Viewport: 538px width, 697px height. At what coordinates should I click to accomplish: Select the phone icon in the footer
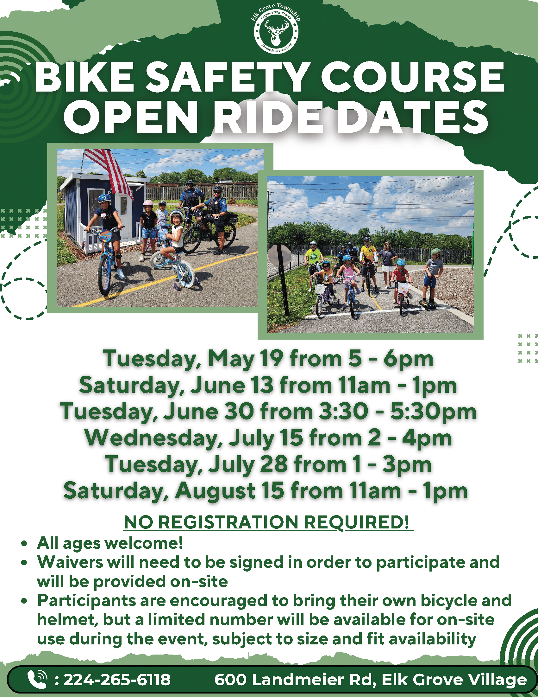[37, 679]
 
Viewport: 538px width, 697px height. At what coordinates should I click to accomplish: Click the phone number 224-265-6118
[117, 680]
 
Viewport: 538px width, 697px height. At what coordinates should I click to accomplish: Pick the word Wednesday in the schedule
[153, 438]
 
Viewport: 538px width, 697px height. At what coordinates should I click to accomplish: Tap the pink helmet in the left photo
[148, 203]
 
